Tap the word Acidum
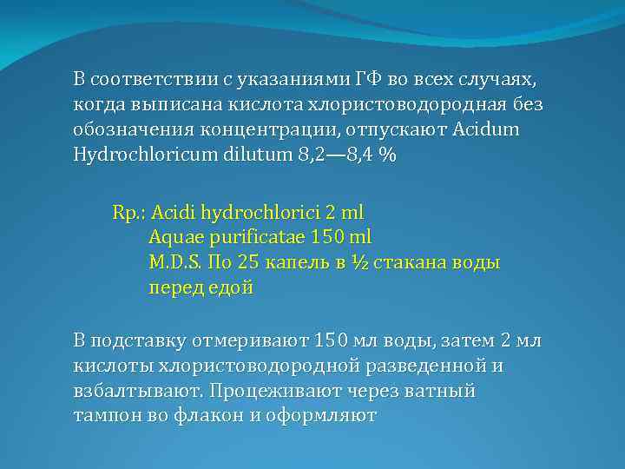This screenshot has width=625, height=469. pyautogui.click(x=497, y=130)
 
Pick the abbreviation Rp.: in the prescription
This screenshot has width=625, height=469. pyautogui.click(x=129, y=212)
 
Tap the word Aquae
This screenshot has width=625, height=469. pyautogui.click(x=174, y=237)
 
